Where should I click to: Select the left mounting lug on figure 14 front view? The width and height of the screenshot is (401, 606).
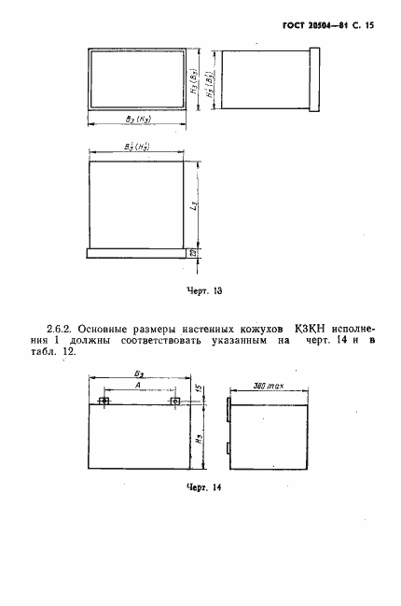pos(104,402)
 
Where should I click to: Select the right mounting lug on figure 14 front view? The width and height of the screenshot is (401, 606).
pos(174,402)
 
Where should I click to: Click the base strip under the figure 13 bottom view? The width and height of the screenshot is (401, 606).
pos(139,252)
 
